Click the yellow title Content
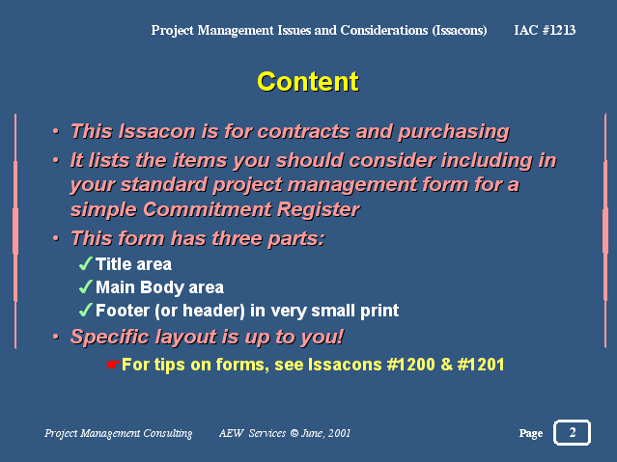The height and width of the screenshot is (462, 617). (308, 81)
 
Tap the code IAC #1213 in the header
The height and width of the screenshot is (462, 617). (545, 30)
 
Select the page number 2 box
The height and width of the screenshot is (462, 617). (572, 432)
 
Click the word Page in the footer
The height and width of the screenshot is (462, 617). (531, 433)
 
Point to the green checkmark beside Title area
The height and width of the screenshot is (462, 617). (85, 263)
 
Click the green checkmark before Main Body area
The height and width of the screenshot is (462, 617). (85, 286)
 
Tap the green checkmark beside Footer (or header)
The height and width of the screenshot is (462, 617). (85, 310)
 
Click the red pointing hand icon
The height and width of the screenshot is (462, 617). (113, 365)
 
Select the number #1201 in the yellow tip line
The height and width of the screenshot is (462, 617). (481, 365)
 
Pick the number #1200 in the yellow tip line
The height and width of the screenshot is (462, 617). (410, 365)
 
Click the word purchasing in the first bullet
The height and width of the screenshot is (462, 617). (453, 132)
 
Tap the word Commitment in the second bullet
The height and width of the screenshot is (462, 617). (207, 209)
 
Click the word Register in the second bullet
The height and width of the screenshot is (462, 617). (318, 210)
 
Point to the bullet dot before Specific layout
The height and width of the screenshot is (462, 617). (56, 337)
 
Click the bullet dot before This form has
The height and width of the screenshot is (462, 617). (56, 238)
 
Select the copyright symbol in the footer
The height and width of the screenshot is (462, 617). (294, 433)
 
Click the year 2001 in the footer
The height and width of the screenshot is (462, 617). (339, 433)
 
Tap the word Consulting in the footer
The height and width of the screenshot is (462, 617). (168, 433)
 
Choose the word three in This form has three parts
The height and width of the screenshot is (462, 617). (238, 238)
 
